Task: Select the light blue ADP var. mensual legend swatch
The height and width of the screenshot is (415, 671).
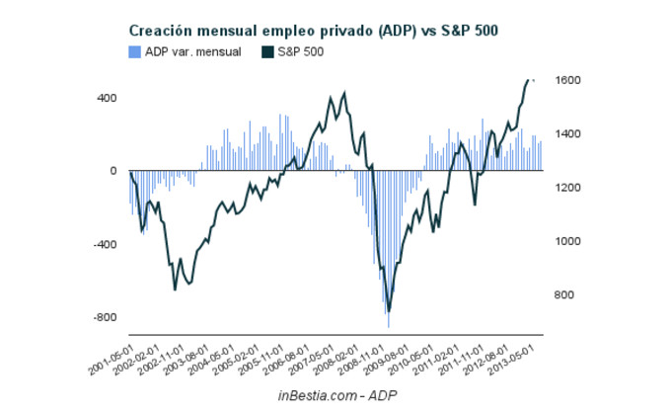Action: pos(134,51)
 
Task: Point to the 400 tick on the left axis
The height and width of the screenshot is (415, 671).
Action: pos(106,98)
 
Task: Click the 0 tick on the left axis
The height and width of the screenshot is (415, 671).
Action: pos(112,171)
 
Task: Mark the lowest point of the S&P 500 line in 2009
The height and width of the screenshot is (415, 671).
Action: pos(389,311)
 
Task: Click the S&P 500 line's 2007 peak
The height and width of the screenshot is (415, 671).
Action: pos(344,93)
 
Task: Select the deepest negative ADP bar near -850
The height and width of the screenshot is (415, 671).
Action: pos(389,326)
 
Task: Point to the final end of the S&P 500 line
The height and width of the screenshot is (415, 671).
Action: pos(534,79)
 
